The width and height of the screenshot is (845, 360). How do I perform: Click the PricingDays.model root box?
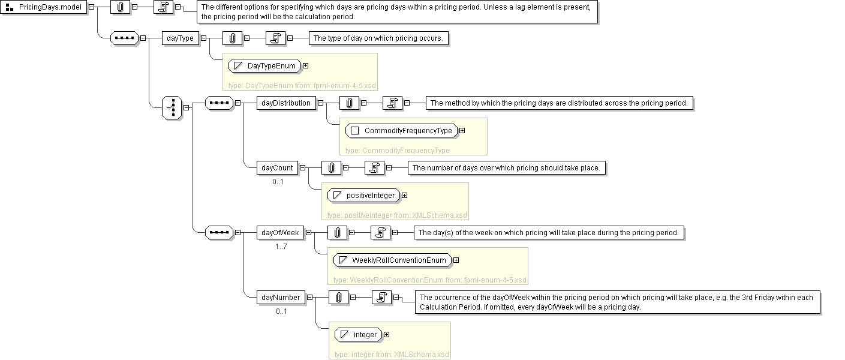(x=44, y=7)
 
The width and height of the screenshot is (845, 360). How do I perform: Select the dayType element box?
(x=181, y=38)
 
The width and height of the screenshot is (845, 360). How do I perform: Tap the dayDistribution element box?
(x=286, y=103)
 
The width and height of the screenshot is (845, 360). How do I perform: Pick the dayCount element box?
(x=277, y=168)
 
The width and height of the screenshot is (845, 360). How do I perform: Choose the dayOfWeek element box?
(x=280, y=232)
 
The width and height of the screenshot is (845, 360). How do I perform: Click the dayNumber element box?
(x=281, y=298)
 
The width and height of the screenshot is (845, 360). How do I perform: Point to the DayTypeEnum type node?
(x=265, y=65)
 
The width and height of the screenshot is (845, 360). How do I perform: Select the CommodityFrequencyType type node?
(x=401, y=131)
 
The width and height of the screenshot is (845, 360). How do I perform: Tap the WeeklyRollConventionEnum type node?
(x=393, y=260)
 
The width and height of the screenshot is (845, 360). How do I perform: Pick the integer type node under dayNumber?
(x=359, y=334)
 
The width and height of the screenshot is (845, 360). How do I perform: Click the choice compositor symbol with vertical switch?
(x=172, y=107)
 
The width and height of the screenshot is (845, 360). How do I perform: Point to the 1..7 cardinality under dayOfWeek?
(x=281, y=247)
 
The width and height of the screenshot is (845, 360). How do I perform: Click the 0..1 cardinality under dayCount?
(x=278, y=182)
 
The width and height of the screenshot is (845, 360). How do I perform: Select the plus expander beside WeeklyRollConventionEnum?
(x=456, y=260)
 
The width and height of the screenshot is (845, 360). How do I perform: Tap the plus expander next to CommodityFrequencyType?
(x=462, y=131)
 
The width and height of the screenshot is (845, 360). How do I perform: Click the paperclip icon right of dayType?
(x=232, y=38)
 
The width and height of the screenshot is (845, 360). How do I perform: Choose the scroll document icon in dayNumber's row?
(x=382, y=298)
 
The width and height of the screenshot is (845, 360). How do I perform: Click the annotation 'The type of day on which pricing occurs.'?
(x=379, y=38)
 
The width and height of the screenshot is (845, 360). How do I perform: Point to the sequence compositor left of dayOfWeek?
(x=219, y=232)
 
